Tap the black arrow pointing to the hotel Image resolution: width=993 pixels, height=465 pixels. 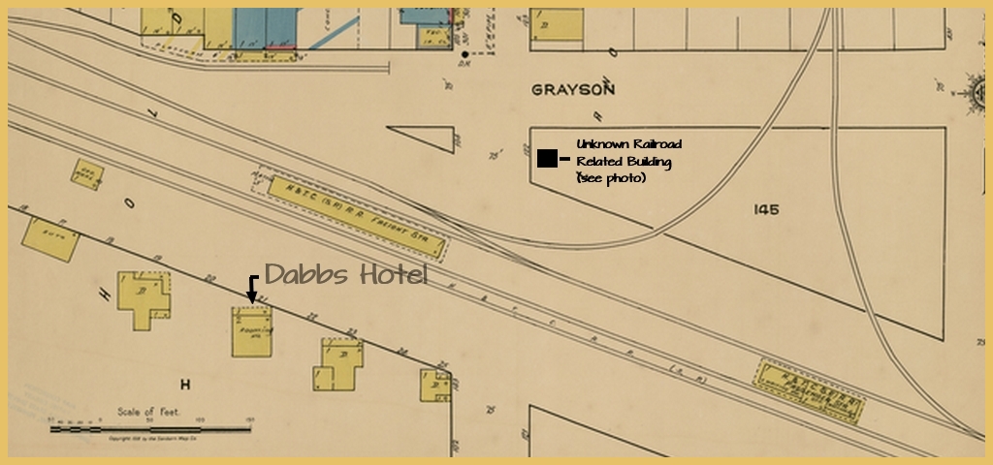[252, 290]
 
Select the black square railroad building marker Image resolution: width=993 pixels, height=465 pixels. [547, 158]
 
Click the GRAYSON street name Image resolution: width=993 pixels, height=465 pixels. [573, 90]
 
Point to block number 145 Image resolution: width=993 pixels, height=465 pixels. [765, 209]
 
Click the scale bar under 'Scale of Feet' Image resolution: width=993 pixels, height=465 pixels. [149, 427]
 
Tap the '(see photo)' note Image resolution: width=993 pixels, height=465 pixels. [611, 179]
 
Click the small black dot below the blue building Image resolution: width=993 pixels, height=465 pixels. [465, 54]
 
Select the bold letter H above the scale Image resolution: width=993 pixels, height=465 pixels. [184, 385]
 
